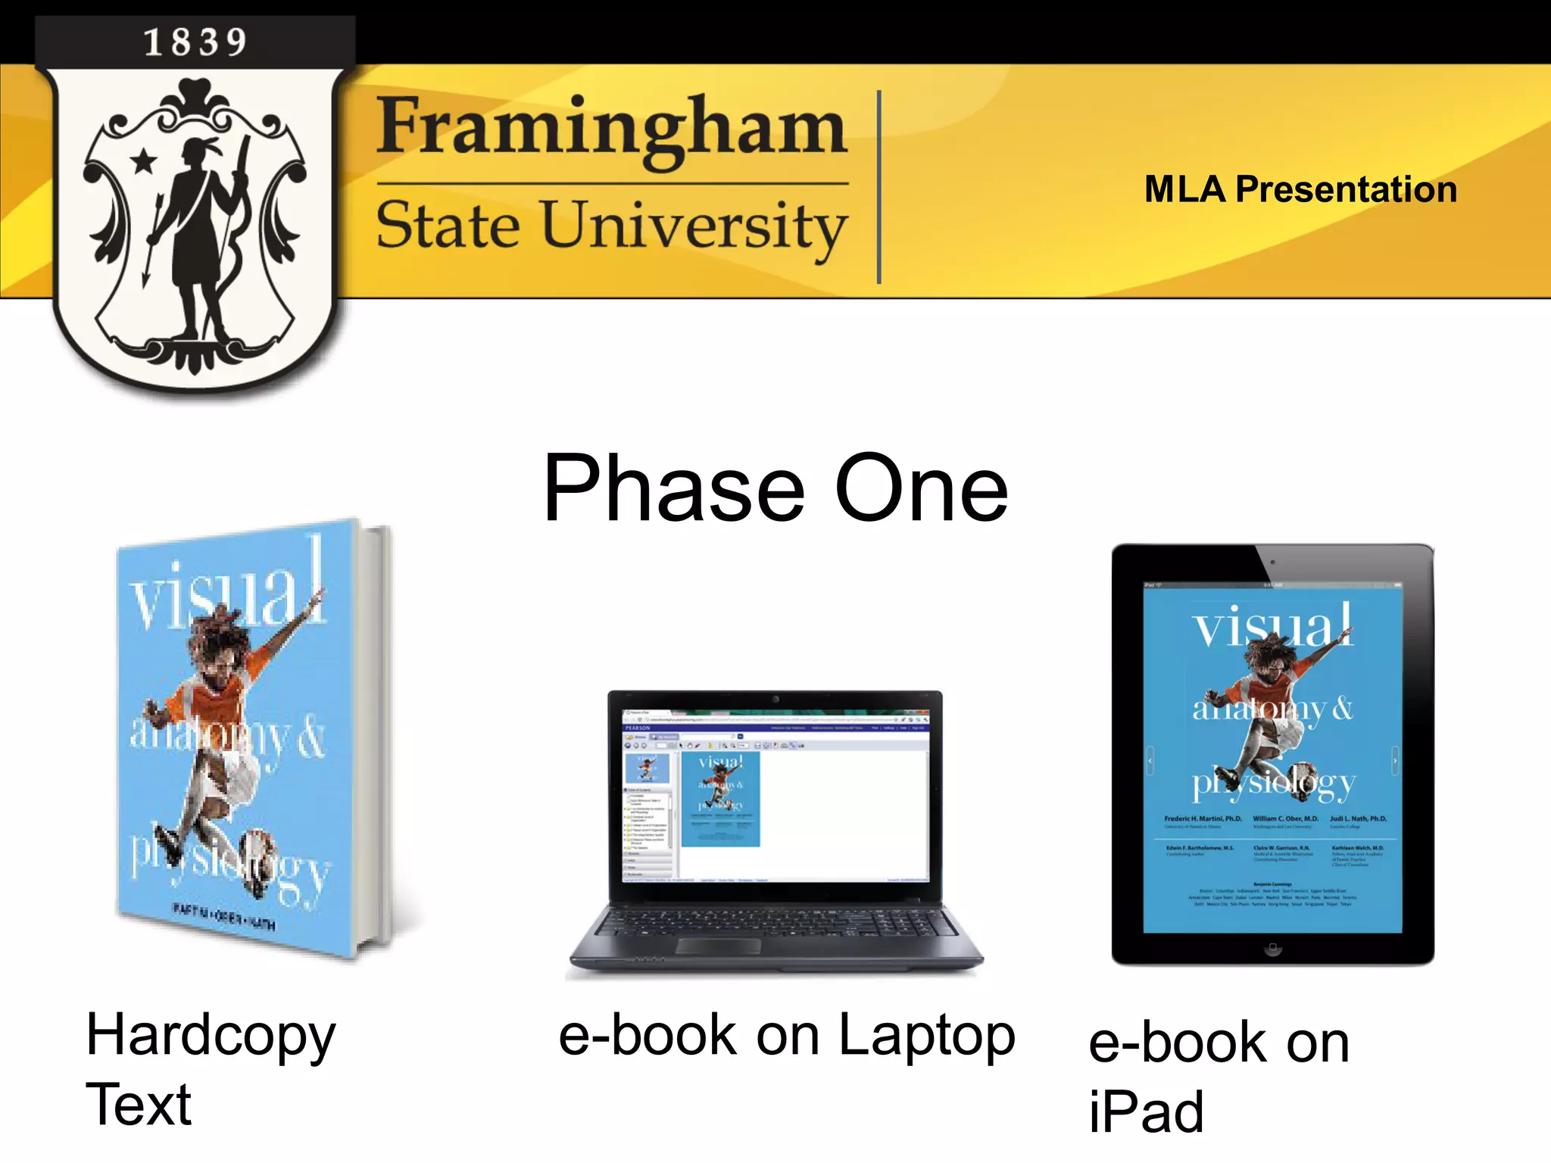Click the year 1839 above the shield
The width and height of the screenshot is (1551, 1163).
tap(195, 42)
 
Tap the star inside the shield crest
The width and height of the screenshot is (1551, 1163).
tap(143, 161)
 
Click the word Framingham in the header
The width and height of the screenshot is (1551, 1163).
tap(611, 127)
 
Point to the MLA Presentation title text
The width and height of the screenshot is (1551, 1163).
tap(1300, 189)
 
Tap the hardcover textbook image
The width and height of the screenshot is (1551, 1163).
tap(250, 738)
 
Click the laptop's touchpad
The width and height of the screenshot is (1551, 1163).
tap(719, 946)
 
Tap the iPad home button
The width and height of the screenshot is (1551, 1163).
tap(1272, 948)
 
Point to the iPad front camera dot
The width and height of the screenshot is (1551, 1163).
tap(1272, 562)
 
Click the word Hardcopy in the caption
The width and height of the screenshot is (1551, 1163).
tap(211, 1036)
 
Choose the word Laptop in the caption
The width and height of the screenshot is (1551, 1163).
tap(926, 1036)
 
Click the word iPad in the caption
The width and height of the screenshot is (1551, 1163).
tap(1146, 1112)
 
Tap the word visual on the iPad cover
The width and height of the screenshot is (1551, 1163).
tap(1272, 627)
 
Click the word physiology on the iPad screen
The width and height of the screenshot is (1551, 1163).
tap(1274, 784)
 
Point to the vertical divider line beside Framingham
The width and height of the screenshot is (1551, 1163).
tap(878, 187)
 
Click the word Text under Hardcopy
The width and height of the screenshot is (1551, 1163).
tap(139, 1104)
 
